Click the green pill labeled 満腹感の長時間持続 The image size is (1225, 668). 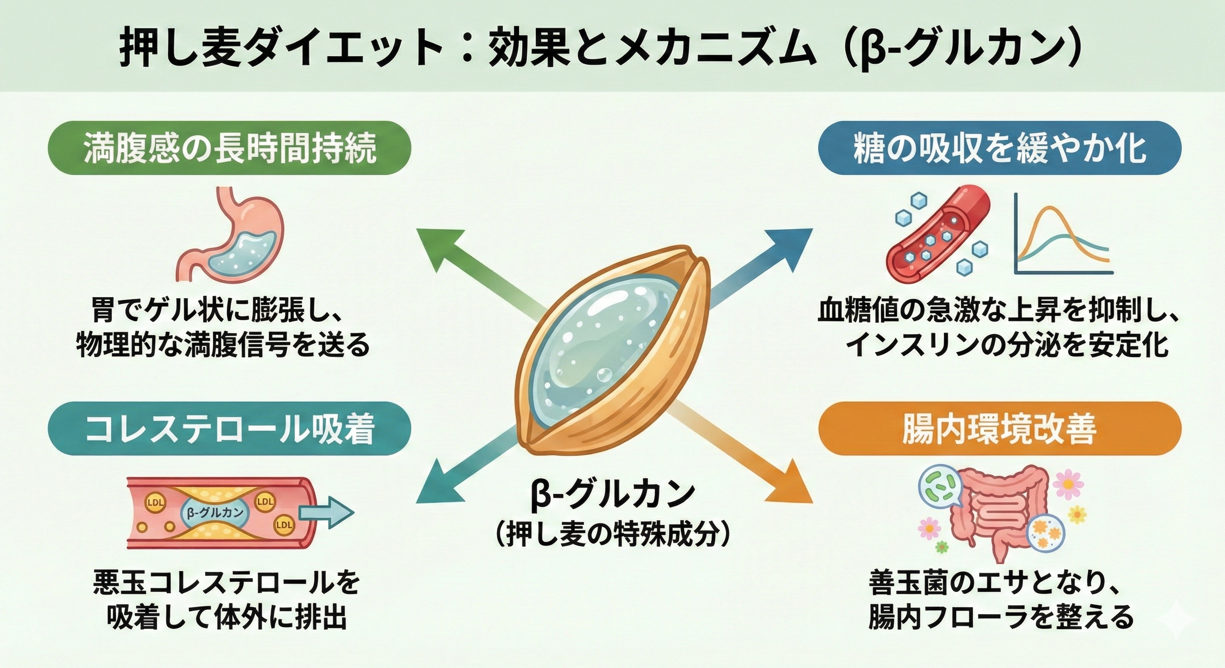click(x=230, y=148)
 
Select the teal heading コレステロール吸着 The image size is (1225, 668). click(x=230, y=429)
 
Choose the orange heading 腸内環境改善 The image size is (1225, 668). click(x=999, y=429)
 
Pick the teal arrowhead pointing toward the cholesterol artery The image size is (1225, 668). click(x=435, y=485)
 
